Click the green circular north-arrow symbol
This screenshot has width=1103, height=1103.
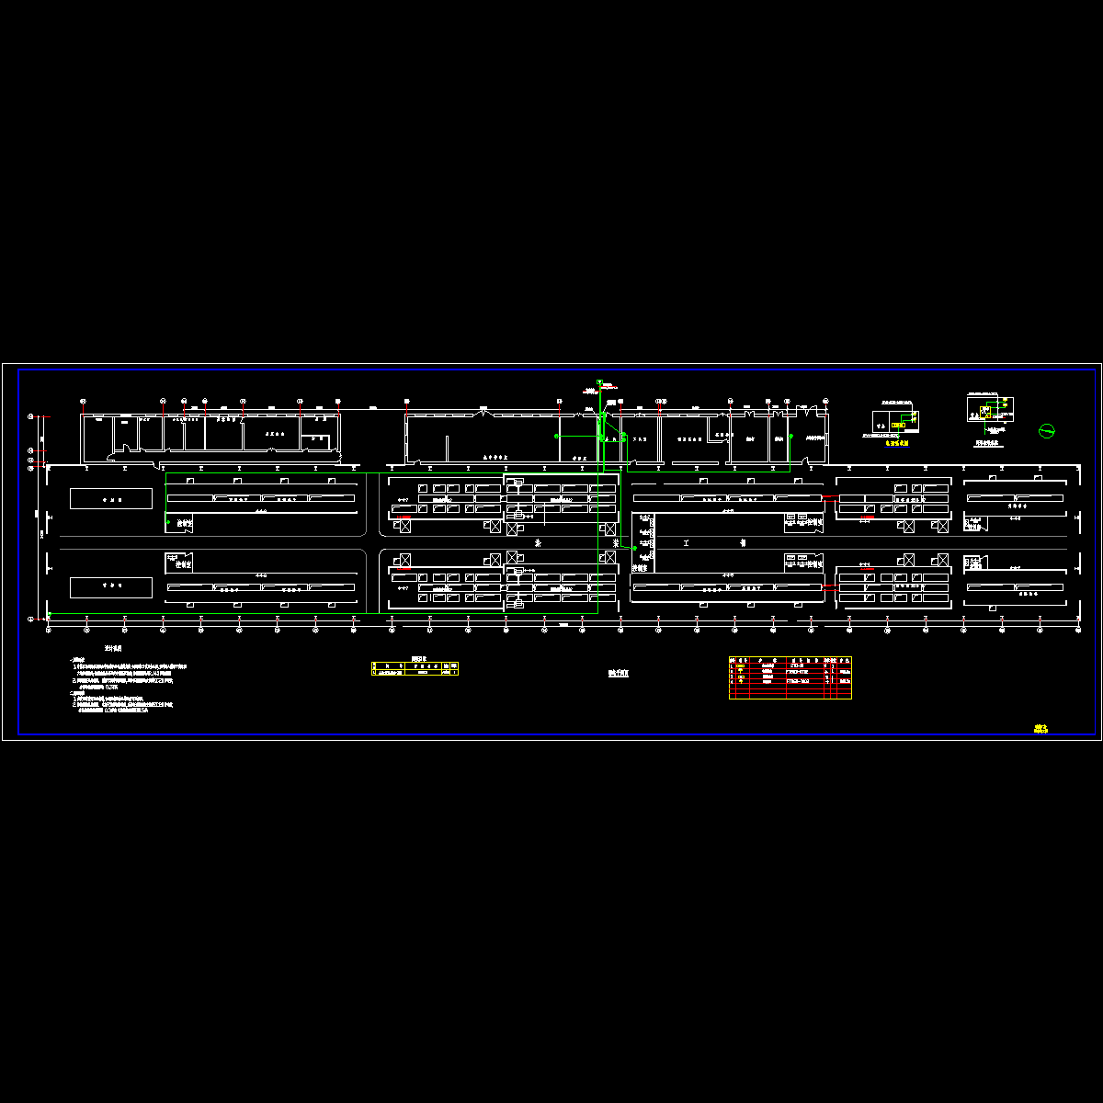(x=1045, y=429)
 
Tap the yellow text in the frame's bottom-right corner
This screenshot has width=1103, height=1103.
(x=1040, y=729)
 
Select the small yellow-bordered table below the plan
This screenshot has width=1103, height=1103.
(x=415, y=669)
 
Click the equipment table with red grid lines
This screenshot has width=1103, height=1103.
(x=790, y=677)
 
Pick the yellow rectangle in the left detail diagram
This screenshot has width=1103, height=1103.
(x=909, y=424)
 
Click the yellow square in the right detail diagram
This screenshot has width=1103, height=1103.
(x=985, y=411)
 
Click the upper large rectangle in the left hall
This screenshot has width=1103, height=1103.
(x=111, y=497)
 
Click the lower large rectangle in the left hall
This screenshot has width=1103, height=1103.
(x=111, y=586)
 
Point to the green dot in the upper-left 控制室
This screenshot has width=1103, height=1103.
(x=168, y=522)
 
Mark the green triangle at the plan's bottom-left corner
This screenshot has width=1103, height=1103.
(x=50, y=614)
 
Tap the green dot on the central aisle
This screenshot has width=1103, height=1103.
(x=634, y=548)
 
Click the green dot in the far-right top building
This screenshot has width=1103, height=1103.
(x=790, y=437)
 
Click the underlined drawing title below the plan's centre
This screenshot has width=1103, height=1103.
(x=619, y=673)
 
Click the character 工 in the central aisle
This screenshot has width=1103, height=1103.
(x=686, y=543)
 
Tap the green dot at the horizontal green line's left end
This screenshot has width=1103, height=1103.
(x=556, y=436)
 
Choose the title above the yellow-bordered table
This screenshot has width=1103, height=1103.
(x=419, y=658)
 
